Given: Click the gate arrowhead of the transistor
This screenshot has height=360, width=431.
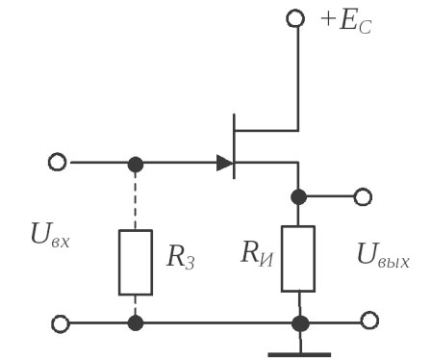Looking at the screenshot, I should (x=224, y=163).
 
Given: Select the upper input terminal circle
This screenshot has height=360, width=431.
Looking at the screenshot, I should (x=58, y=163).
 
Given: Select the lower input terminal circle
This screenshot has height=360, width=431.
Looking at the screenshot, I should (x=59, y=322).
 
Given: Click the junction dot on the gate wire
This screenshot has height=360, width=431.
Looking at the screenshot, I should (x=136, y=163).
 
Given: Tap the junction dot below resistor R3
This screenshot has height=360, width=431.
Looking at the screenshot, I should (x=136, y=322).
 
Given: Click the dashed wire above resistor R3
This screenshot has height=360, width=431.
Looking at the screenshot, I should (x=136, y=197).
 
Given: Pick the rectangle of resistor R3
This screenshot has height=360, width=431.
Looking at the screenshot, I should (x=136, y=262).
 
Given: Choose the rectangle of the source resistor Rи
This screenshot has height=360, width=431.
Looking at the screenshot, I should (x=299, y=258).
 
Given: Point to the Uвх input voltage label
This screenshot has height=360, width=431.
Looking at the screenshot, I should (x=47, y=236).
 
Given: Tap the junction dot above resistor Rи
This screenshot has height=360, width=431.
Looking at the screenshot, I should (x=299, y=196).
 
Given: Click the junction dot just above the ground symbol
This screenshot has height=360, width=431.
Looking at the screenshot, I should (x=299, y=322).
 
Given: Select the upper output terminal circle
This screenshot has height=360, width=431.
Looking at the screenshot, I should (x=362, y=196).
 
